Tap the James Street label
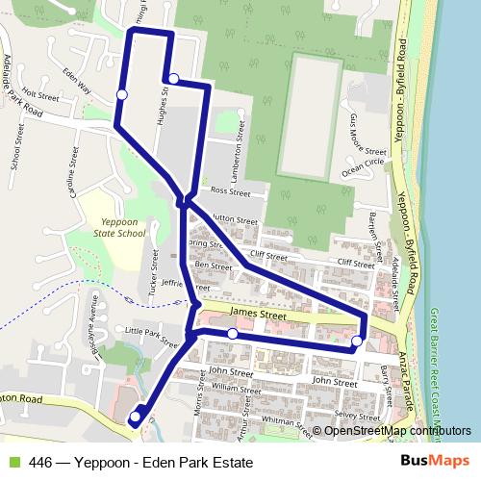pyautogui.click(x=260, y=315)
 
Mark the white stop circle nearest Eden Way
pyautogui.click(x=121, y=93)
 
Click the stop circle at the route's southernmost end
pyautogui.click(x=134, y=418)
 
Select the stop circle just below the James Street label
pyautogui.click(x=233, y=334)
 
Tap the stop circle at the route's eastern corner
pyautogui.click(x=357, y=341)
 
